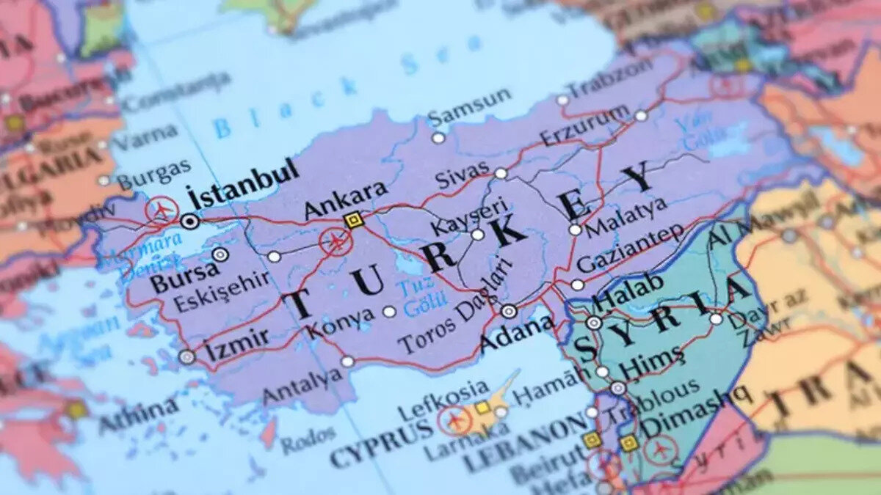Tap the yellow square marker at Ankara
pyautogui.click(x=355, y=220)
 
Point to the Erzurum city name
pyautogui.click(x=584, y=125)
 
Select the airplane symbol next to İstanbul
pyautogui.click(x=162, y=210)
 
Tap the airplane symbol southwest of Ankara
pyautogui.click(x=336, y=241)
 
